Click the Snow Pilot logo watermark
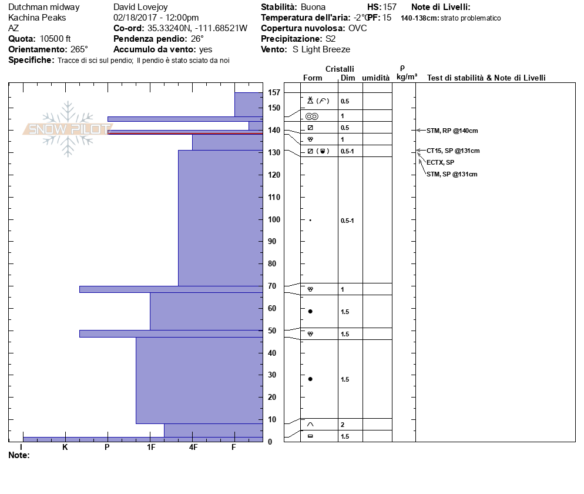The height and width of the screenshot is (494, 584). click(68, 129)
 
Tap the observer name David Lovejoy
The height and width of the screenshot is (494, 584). click(143, 7)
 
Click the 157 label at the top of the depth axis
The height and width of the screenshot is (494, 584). click(274, 92)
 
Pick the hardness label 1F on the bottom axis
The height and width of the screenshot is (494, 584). click(150, 448)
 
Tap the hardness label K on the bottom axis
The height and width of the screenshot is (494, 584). click(65, 448)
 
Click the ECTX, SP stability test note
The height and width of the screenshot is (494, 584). click(440, 162)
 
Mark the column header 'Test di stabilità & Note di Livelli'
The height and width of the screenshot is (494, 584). click(486, 78)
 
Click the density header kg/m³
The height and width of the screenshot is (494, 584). click(407, 77)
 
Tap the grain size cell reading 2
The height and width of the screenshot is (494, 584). click(343, 425)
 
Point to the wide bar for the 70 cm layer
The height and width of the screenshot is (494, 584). click(171, 289)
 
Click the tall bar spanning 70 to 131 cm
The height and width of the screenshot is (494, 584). click(220, 218)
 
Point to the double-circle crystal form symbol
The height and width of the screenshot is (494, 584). click(311, 116)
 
